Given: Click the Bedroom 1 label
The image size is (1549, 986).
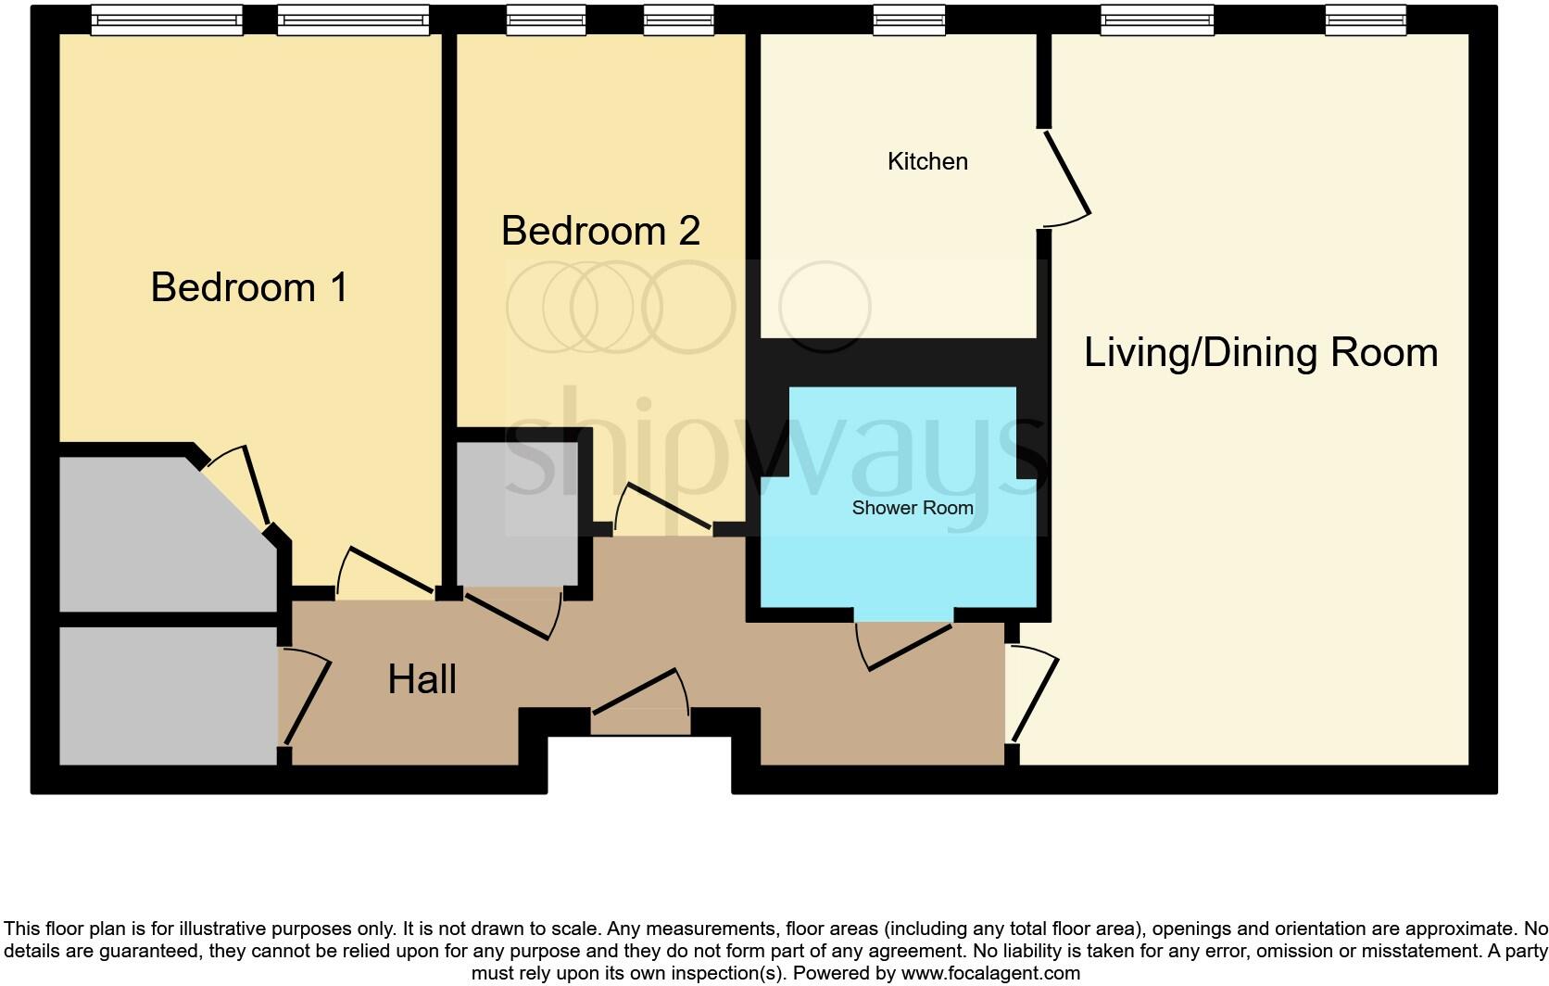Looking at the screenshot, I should (249, 287).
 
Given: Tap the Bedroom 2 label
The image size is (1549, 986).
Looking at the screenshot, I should (600, 231).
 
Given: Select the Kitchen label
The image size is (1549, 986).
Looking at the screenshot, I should (927, 161).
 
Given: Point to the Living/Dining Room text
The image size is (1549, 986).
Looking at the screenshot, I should (1260, 353).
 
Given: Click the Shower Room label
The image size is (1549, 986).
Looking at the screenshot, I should (912, 508).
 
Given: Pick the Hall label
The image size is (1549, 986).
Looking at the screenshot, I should (422, 679).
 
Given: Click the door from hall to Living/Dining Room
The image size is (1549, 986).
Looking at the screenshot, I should (1035, 698).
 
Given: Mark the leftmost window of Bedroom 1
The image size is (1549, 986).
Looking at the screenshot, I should (167, 19).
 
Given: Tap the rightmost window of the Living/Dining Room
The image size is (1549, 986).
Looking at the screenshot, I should (1365, 19).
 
